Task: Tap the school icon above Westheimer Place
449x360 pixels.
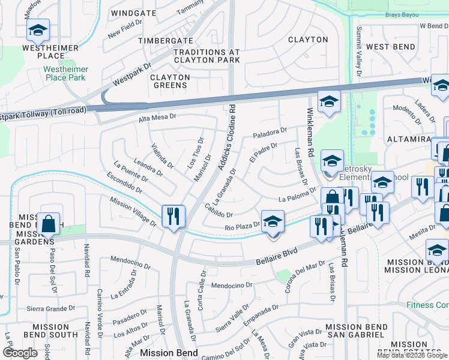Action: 38,30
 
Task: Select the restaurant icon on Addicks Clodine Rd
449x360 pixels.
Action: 173,215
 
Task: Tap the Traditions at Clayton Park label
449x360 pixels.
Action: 206,56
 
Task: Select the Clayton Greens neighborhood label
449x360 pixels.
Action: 170,81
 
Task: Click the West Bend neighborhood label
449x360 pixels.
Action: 390,46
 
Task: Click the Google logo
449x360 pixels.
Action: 20,352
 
